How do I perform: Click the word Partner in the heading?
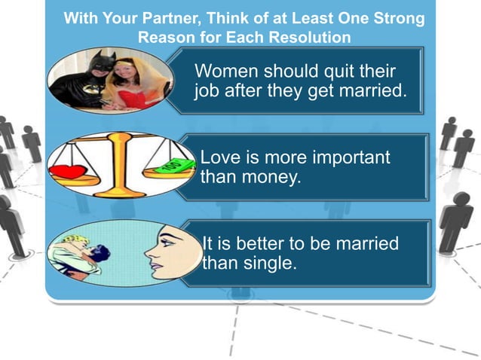(x=164, y=18)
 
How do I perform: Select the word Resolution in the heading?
(x=314, y=35)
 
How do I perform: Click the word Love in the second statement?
(x=219, y=157)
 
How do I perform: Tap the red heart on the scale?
(x=69, y=171)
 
